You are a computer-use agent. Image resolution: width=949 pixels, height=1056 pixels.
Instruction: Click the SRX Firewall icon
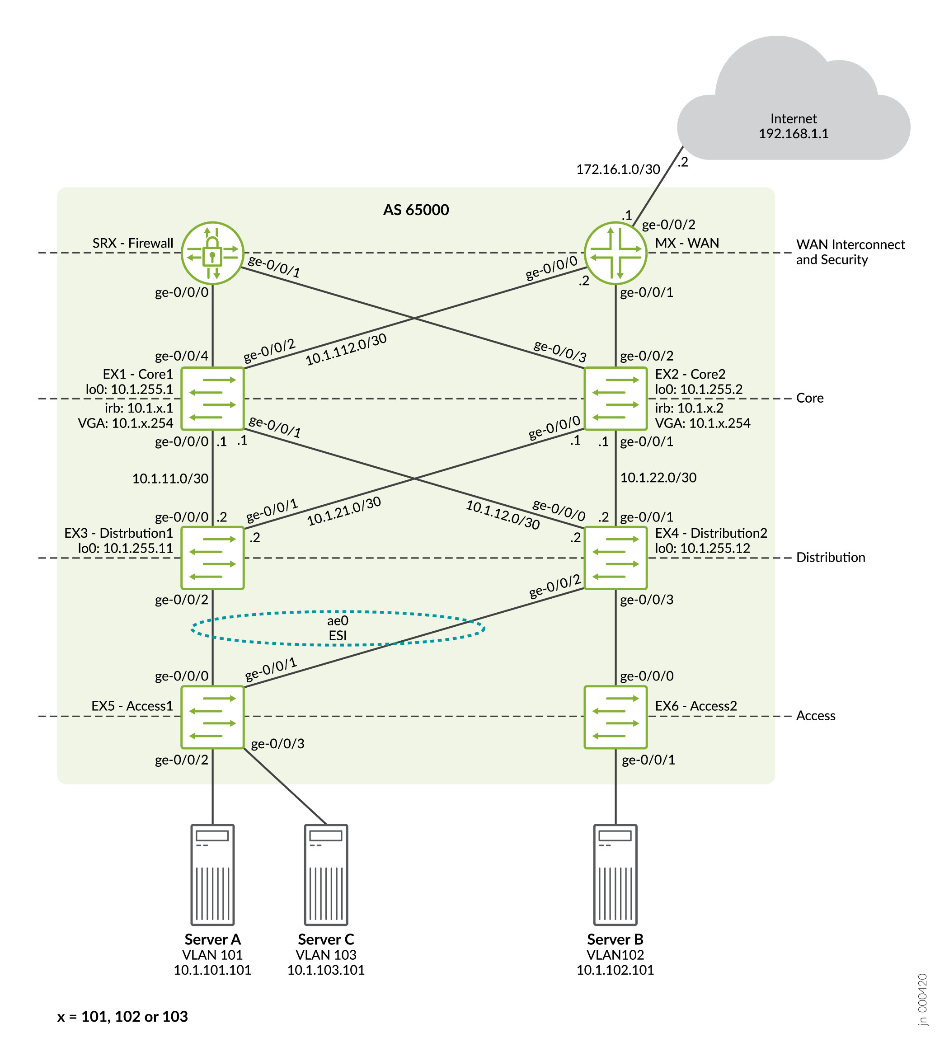[212, 253]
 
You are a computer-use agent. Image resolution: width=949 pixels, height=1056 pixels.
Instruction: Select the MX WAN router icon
[615, 253]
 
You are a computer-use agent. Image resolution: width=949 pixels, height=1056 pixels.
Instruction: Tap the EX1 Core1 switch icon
[212, 399]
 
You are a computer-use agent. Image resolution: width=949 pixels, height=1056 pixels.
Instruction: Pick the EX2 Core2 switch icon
[615, 399]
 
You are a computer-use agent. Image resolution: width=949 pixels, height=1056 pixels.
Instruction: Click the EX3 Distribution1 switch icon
[212, 558]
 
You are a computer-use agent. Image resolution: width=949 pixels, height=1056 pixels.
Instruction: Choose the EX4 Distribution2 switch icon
[615, 558]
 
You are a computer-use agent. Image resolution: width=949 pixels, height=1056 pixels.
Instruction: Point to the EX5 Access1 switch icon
[212, 717]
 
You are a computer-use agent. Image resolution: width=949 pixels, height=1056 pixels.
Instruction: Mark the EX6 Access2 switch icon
[615, 717]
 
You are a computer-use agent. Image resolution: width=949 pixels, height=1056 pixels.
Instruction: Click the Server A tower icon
[212, 874]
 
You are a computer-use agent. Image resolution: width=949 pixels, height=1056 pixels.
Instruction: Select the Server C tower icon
[326, 874]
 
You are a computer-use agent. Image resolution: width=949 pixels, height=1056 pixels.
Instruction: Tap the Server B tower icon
[615, 874]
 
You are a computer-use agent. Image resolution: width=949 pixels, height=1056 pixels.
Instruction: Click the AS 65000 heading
[416, 210]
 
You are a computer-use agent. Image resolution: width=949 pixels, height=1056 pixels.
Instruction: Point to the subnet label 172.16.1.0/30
[618, 169]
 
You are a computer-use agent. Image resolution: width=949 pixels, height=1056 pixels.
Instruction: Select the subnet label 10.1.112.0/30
[346, 349]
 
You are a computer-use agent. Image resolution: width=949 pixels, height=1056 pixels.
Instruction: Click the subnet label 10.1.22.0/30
[658, 478]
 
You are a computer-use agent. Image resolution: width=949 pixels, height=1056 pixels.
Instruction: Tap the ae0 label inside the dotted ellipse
[338, 620]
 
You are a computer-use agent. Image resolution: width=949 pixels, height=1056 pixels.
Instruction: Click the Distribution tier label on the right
[830, 558]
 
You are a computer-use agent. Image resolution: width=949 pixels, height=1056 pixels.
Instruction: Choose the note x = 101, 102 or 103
[122, 1016]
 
